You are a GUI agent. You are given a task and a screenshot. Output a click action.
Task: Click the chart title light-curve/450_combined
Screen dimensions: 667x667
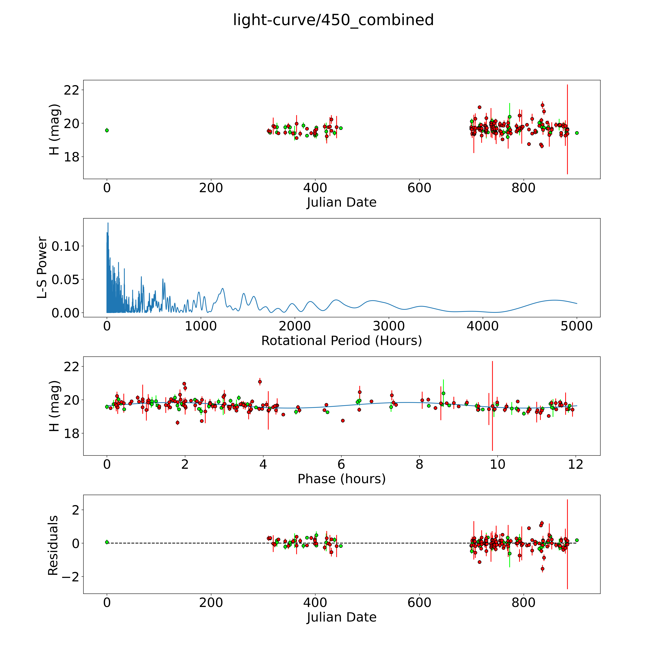(333, 20)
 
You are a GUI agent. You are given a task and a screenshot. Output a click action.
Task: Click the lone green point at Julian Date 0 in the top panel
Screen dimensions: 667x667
(107, 130)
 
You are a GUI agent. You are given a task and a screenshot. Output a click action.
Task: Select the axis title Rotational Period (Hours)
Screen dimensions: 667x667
(341, 341)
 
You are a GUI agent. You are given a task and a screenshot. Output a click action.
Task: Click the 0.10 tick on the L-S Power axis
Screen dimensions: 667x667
(66, 247)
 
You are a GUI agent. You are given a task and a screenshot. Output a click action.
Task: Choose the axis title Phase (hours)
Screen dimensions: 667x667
(341, 479)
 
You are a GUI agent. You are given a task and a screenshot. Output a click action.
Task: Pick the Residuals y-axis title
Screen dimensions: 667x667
(53, 545)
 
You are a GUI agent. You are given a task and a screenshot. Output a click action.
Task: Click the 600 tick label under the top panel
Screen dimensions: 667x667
(419, 188)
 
